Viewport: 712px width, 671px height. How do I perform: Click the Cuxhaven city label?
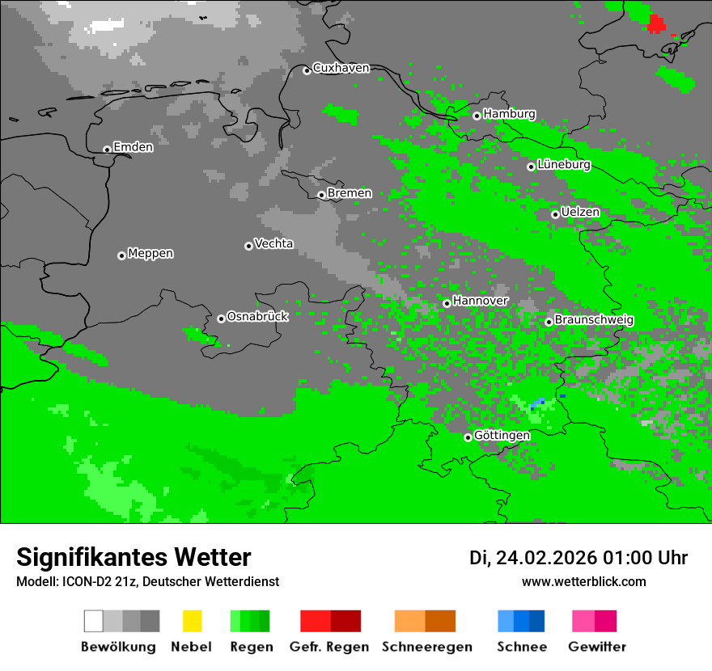(x=341, y=68)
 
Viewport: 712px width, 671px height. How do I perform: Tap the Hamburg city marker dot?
(x=477, y=116)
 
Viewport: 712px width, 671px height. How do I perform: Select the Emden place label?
(x=133, y=147)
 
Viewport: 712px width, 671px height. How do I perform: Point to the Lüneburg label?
(x=563, y=165)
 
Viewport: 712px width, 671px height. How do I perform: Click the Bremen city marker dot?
(x=321, y=195)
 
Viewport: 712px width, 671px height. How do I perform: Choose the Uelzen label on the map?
(x=580, y=213)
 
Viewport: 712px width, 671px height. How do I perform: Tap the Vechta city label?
(x=273, y=243)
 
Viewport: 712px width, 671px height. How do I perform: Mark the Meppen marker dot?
(x=121, y=255)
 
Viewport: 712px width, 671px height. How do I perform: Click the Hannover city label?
(x=480, y=301)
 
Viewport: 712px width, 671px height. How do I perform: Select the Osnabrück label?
(x=257, y=317)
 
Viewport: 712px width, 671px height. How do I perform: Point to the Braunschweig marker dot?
(x=549, y=322)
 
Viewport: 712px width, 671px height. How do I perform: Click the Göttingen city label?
(x=502, y=436)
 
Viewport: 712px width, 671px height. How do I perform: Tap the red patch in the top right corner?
(x=656, y=23)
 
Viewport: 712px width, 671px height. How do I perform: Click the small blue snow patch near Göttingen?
(x=537, y=403)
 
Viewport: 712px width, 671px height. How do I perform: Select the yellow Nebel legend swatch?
(x=192, y=621)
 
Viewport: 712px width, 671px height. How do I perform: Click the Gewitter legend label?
(x=596, y=647)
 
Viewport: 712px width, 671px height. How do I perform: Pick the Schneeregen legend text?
(x=426, y=647)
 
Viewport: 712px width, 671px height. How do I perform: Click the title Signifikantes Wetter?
(x=133, y=557)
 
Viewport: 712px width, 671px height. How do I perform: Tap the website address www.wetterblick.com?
(x=583, y=582)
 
